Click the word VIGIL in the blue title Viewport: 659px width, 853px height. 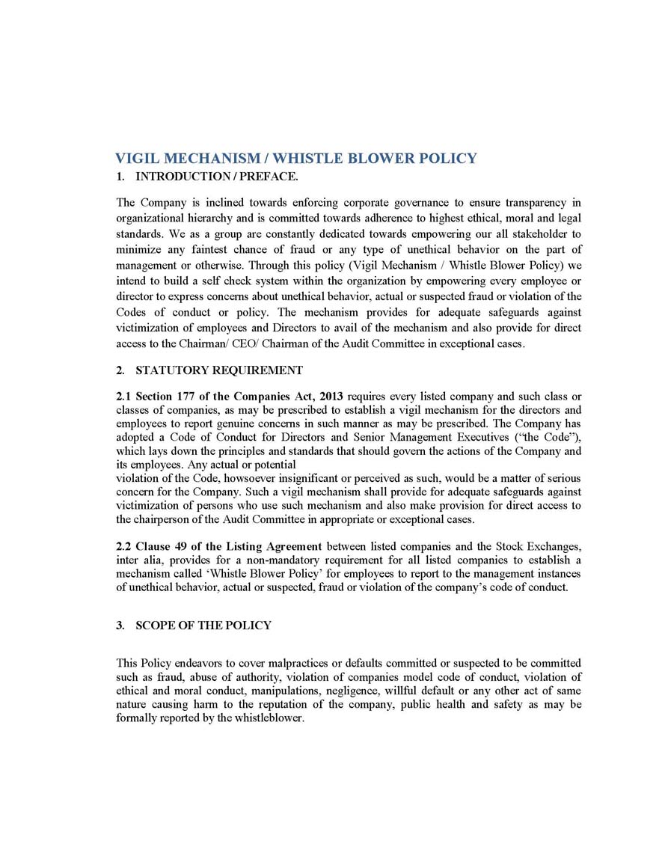[136, 159]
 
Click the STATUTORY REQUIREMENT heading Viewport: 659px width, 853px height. [218, 370]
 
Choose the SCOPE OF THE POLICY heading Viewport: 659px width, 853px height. [203, 625]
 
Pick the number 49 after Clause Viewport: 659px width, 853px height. [180, 545]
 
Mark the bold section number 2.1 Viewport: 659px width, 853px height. [124, 396]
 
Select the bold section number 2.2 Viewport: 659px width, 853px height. [124, 545]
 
